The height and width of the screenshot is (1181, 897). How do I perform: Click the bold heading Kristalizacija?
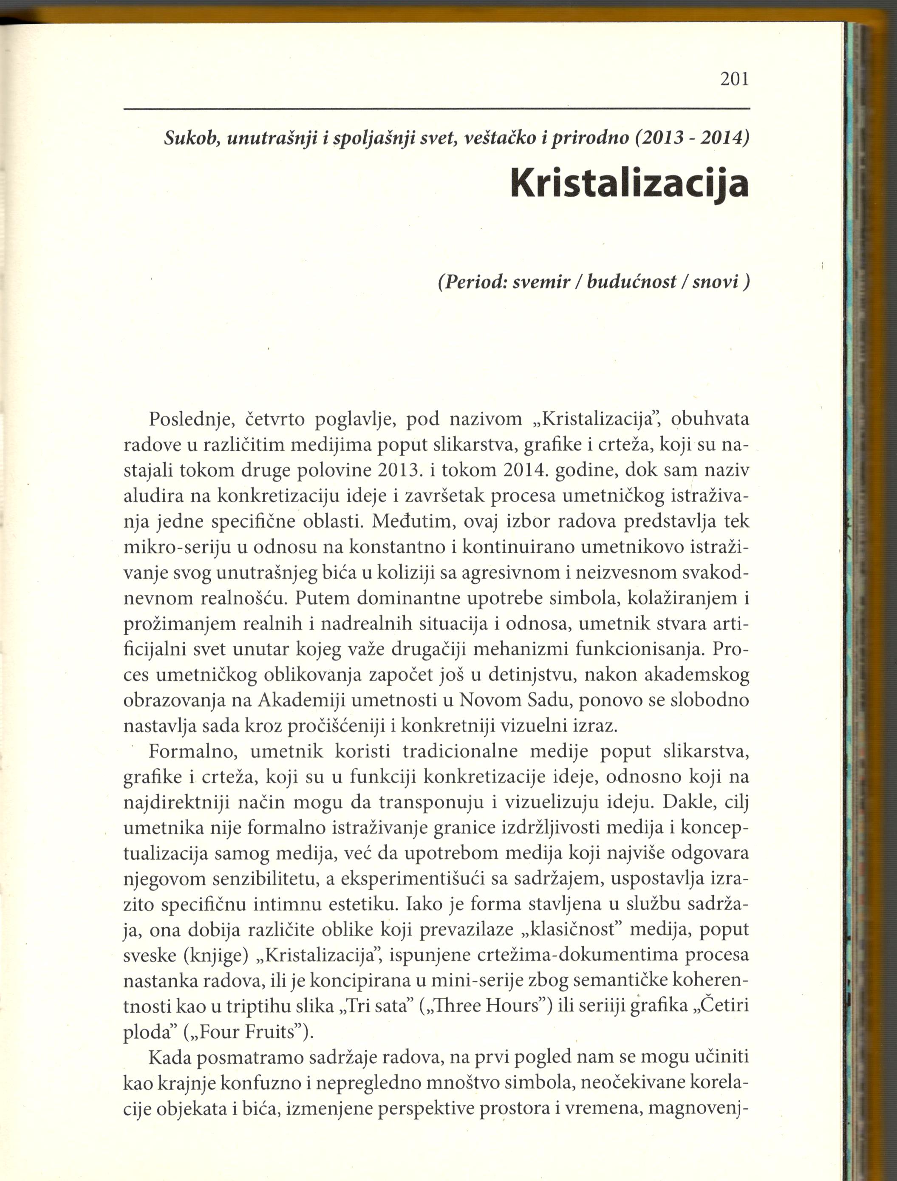pos(629,183)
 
